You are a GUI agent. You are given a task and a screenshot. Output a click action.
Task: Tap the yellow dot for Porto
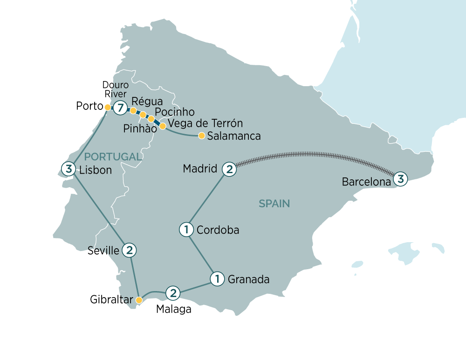[x=108, y=107]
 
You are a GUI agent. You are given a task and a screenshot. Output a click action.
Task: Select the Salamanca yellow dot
[x=201, y=136]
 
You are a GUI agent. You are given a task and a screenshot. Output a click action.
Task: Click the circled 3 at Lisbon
[x=69, y=169]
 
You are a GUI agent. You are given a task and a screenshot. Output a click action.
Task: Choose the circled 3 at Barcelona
[x=401, y=178]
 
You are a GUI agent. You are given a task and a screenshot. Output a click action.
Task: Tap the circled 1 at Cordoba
[x=186, y=230]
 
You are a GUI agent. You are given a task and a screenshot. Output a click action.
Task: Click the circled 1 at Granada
[x=217, y=279]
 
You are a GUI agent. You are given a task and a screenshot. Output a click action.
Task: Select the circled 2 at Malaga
[x=173, y=293]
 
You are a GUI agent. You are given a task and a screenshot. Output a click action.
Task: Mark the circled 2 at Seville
[x=129, y=250]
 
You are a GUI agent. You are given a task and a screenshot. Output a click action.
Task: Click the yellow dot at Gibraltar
[x=138, y=300]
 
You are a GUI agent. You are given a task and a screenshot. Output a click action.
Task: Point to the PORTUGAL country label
[x=112, y=157]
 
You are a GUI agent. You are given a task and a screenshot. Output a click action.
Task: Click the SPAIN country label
[x=274, y=203]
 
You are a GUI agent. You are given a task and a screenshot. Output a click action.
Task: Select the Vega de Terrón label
[x=206, y=124]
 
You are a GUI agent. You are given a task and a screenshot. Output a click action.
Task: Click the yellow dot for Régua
[x=133, y=111]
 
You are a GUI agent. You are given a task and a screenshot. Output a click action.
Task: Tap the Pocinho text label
[x=174, y=112]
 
